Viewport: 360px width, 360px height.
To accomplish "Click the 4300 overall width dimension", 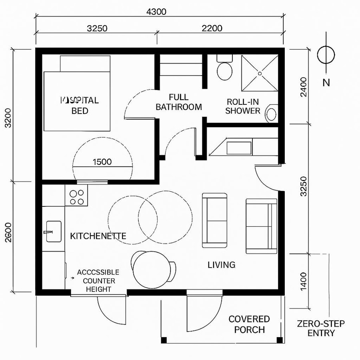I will [156, 12].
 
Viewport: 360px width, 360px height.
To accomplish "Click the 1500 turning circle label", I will [102, 162].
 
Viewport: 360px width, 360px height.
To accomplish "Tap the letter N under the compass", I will [326, 83].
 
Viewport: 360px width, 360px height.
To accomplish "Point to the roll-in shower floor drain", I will [260, 74].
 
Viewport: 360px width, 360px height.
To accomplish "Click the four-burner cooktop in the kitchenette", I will [76, 197].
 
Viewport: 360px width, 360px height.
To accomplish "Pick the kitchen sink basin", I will [54, 232].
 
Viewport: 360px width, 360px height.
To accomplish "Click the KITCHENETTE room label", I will [98, 236].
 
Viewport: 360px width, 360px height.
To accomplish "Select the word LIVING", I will [221, 264].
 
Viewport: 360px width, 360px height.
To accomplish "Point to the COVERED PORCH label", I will [249, 324].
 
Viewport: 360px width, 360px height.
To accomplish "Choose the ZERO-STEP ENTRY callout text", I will [321, 328].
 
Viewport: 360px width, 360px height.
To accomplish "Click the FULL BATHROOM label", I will [178, 102].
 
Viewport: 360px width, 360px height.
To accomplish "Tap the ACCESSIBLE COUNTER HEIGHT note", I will [98, 281].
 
